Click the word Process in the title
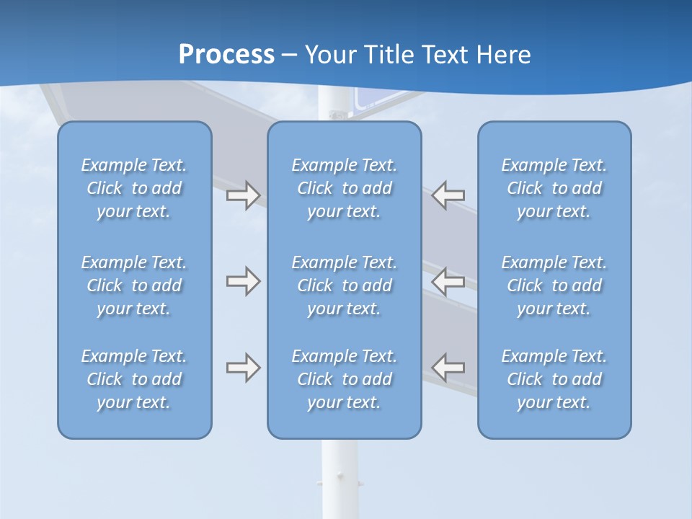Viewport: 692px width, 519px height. pos(226,54)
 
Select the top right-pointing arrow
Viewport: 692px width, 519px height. pos(243,195)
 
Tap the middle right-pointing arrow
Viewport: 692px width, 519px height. pos(243,281)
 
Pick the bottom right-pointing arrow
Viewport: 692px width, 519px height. pos(243,368)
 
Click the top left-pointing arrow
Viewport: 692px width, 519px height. pos(448,195)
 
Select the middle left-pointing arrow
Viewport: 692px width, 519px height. pos(448,281)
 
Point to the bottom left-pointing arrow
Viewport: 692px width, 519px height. pos(448,368)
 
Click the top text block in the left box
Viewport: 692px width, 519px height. pos(134,188)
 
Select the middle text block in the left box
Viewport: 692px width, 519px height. pos(134,285)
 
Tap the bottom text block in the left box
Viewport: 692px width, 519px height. pos(134,379)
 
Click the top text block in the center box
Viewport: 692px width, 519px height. pos(344,188)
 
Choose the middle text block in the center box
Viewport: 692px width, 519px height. pos(344,285)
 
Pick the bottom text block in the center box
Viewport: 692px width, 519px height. pos(344,379)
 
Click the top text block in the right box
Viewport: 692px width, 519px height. pos(554,188)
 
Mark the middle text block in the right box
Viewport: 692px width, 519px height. pos(554,285)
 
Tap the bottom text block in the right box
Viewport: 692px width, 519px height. pos(554,379)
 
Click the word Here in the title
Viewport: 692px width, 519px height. pos(505,55)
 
